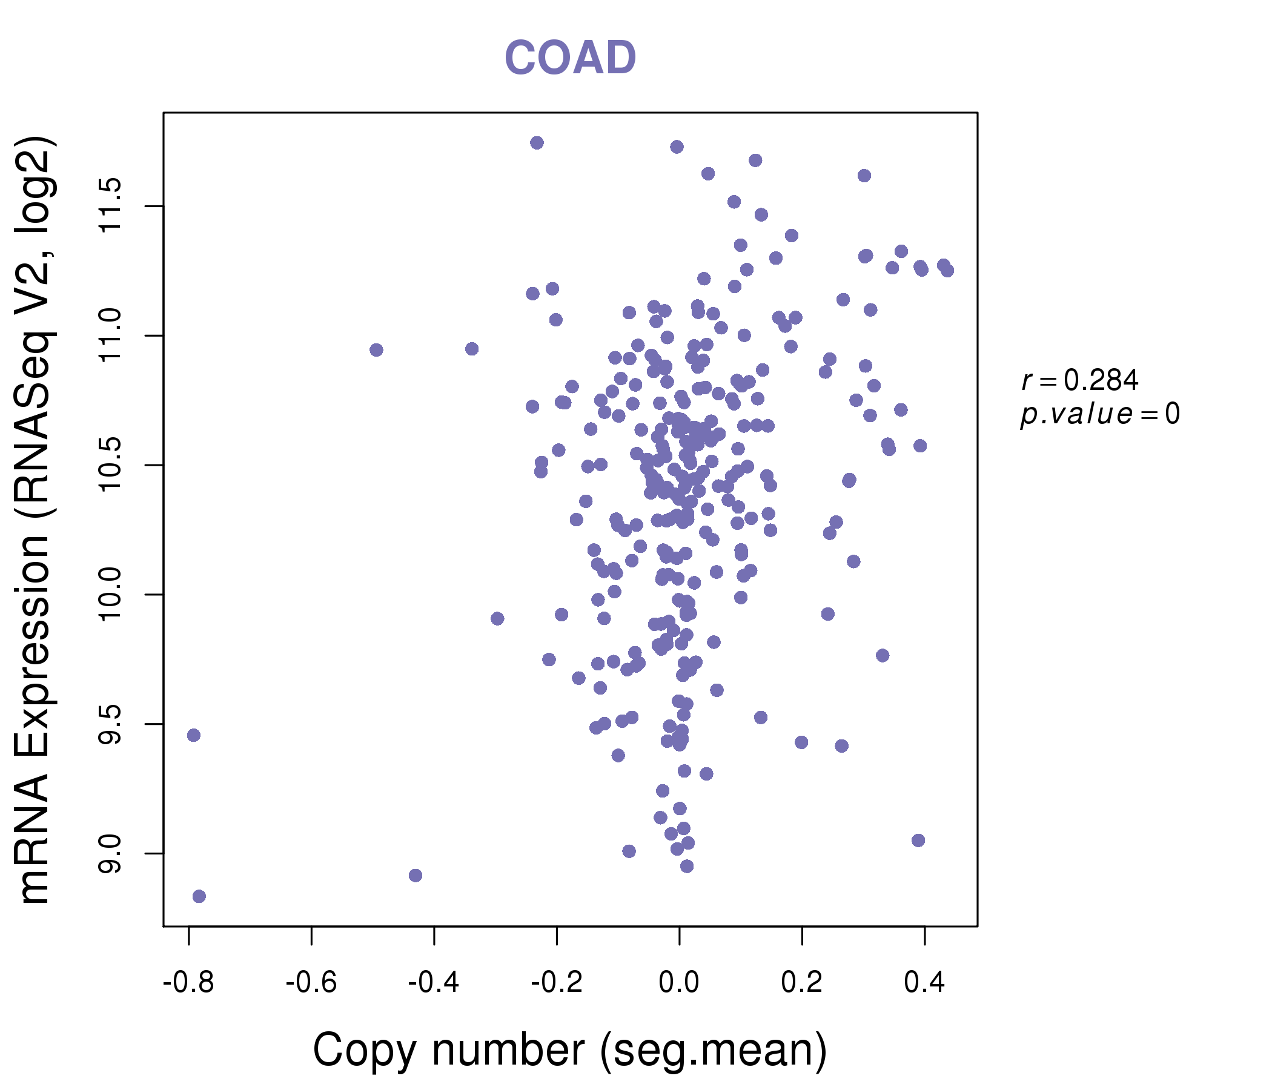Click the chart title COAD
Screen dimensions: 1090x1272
coord(570,58)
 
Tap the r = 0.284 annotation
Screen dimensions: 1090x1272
coord(1080,380)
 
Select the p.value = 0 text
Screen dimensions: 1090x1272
coord(1099,414)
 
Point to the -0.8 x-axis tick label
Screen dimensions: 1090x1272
coord(188,983)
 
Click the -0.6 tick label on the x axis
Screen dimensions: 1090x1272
coord(311,983)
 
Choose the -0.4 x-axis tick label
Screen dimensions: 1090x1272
coord(434,983)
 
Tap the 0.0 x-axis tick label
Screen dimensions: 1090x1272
coord(679,983)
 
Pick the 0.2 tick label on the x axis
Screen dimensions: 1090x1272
coord(802,983)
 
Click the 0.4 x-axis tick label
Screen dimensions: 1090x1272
coord(924,983)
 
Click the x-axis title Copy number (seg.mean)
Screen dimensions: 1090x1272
coord(570,1049)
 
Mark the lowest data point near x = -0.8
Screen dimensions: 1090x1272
coord(199,896)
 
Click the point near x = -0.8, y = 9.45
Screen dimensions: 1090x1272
coord(193,735)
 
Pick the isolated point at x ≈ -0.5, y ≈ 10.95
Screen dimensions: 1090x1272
coord(376,350)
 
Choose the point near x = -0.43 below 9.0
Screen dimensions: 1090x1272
coord(416,875)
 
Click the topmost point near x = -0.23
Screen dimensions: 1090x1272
coord(537,143)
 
